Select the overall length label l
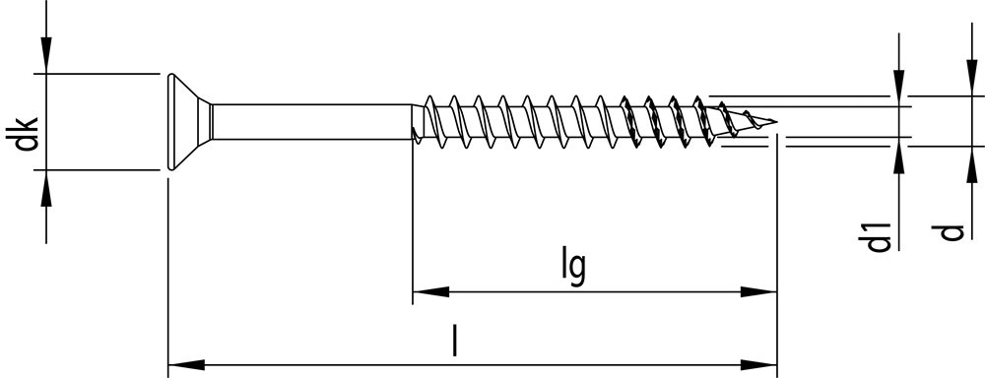[x=455, y=342]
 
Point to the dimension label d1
[x=881, y=237]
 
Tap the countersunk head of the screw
[x=184, y=121]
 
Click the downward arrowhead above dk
[x=46, y=55]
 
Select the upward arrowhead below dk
[x=46, y=187]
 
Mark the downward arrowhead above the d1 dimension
[x=899, y=84]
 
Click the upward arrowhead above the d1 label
[x=899, y=157]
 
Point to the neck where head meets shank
[x=210, y=121]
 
